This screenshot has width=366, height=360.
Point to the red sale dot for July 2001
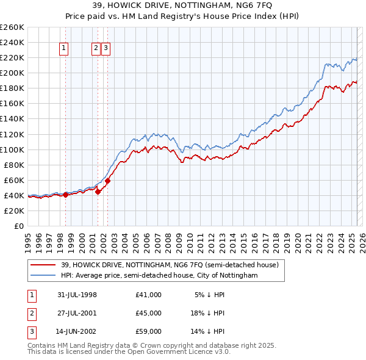[x=98, y=192]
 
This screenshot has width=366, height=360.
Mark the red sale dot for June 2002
[x=107, y=181]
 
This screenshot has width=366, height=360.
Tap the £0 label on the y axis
[x=19, y=226]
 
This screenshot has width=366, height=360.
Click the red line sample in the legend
[x=43, y=265]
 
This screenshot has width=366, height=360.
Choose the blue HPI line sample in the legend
[x=43, y=276]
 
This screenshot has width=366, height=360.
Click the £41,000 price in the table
[x=149, y=295]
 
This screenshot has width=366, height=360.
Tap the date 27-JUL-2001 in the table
[x=76, y=314]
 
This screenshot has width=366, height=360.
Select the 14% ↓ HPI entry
[x=209, y=333]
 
